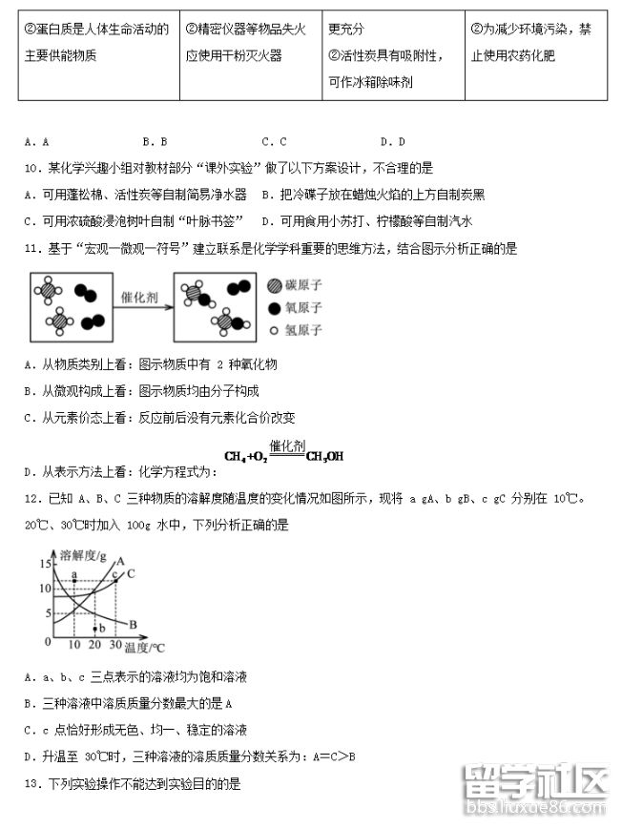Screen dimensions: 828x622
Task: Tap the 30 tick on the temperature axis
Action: [x=115, y=646]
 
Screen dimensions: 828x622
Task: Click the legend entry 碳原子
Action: [x=302, y=285]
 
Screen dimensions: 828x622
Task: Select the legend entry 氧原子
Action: [x=302, y=307]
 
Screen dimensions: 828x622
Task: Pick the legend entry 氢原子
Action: [x=302, y=330]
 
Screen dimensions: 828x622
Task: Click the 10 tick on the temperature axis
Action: [x=75, y=646]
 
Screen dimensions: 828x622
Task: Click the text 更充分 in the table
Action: [x=345, y=30]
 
